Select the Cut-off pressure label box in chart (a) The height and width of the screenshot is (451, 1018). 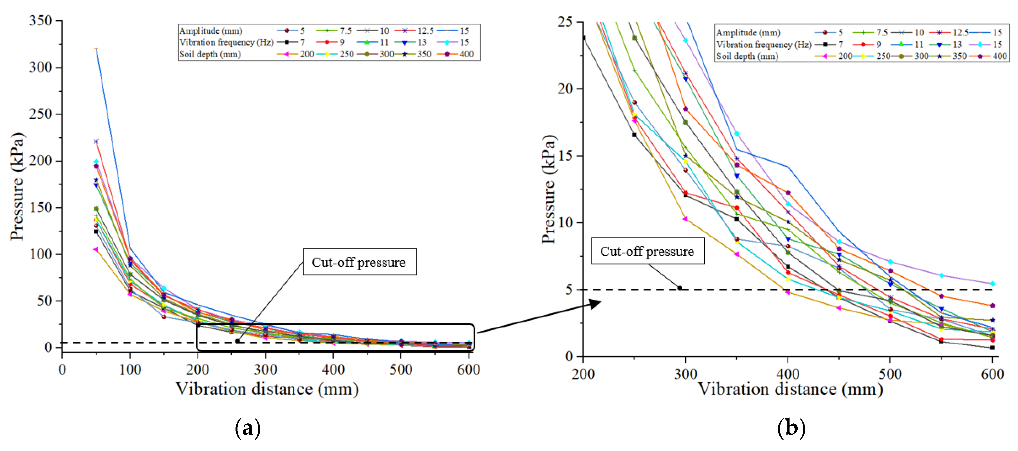click(359, 262)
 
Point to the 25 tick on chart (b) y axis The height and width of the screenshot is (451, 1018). click(565, 22)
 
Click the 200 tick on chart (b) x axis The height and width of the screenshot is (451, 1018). click(583, 374)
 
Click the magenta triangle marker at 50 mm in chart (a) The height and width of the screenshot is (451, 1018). click(96, 249)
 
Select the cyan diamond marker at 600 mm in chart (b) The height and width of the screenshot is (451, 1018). click(992, 284)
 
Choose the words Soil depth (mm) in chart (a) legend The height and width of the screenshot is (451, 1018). click(210, 54)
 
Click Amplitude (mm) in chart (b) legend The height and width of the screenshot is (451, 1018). click(748, 32)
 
